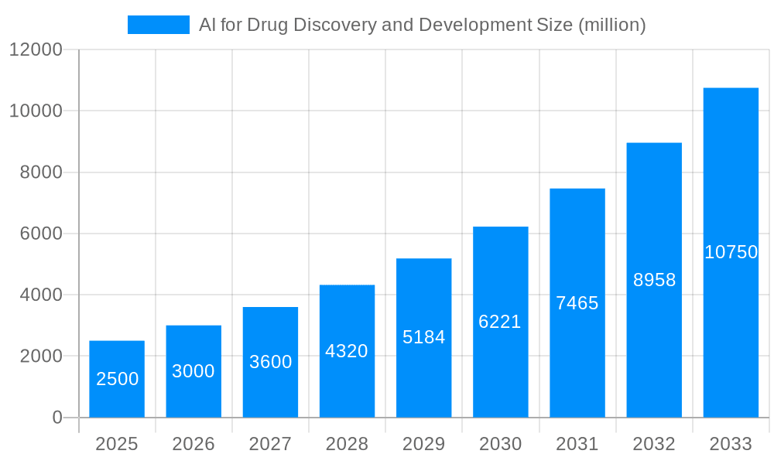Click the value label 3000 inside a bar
tap(193, 371)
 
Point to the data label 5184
tap(423, 337)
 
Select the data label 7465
tap(577, 303)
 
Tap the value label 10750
tap(731, 252)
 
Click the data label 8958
tap(654, 280)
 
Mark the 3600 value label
tap(270, 362)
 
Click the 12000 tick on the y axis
tap(36, 50)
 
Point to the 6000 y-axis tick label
tap(41, 234)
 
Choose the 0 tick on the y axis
tap(57, 418)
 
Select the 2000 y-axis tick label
tap(41, 357)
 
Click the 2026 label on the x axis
tap(193, 445)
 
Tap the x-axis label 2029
tap(423, 445)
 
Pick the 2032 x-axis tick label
tap(654, 445)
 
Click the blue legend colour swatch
tap(159, 25)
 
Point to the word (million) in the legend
tap(611, 25)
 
